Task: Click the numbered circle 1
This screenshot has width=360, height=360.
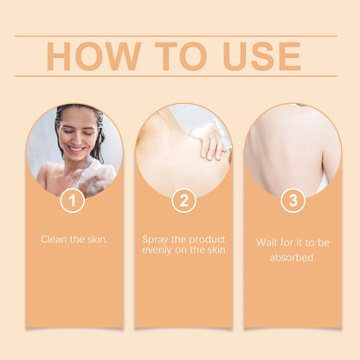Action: point(73,201)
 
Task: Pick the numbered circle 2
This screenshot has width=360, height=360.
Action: point(183,201)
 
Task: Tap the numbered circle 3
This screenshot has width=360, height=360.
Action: point(292,201)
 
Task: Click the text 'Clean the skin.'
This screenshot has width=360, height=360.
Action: point(74,238)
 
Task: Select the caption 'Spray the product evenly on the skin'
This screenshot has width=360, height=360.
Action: point(183,244)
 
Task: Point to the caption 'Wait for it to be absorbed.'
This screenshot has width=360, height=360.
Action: point(292,249)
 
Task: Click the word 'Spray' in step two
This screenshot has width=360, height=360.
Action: point(156,238)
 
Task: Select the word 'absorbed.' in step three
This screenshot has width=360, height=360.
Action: point(292,257)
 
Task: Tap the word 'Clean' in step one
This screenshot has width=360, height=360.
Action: point(55,238)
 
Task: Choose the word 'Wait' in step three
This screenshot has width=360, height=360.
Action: point(267,242)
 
